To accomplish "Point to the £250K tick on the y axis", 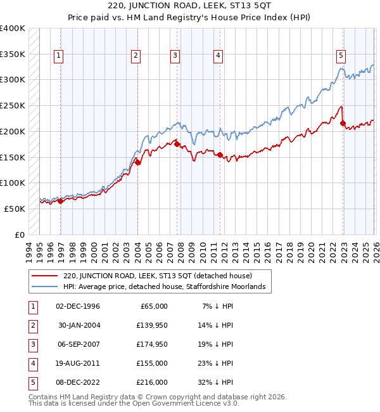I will (x=13, y=105).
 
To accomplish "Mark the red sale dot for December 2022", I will (x=343, y=123).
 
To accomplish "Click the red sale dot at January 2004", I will (x=137, y=163).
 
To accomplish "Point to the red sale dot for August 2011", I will (x=219, y=155).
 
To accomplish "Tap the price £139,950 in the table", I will (x=153, y=325).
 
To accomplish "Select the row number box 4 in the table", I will (x=32, y=363).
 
